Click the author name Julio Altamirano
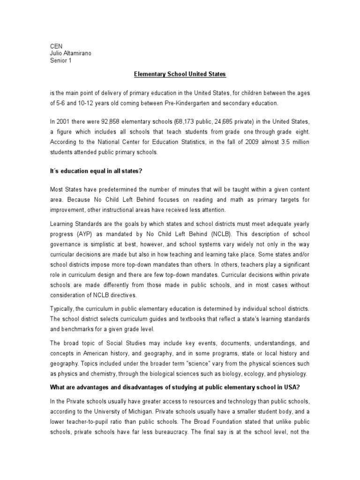tap(71, 53)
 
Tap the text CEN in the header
tap(56, 46)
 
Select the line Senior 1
tap(61, 60)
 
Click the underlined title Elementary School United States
tap(180, 74)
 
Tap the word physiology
tap(291, 373)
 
